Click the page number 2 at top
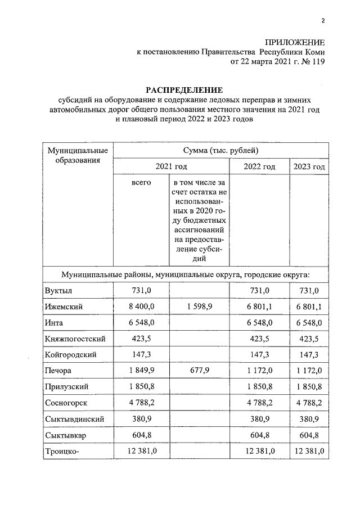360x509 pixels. (x=323, y=22)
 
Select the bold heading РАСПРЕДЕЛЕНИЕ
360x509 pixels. (x=184, y=90)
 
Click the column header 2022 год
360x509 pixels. (x=259, y=167)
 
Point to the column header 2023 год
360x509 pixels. (x=309, y=167)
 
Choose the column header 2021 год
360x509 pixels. (x=171, y=167)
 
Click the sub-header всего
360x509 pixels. (x=141, y=183)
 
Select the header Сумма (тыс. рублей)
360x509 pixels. (x=220, y=151)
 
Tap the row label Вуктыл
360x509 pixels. (x=58, y=290)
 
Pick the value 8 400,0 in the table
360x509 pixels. (x=141, y=307)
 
